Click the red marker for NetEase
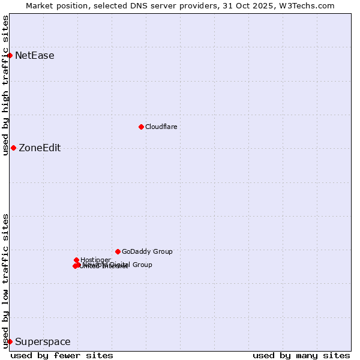coord(10,56)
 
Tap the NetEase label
coord(35,56)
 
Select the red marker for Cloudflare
coord(141,127)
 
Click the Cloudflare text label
coord(161,127)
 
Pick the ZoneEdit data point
coord(13,148)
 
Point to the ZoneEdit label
coord(40,148)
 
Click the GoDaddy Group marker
coord(118,251)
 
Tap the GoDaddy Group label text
coord(147,252)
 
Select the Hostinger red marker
coord(76,260)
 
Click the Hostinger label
coord(95,260)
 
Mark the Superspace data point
coord(10,342)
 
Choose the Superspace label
coord(43,342)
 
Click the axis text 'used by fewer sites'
coord(62,355)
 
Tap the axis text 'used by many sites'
coord(301,355)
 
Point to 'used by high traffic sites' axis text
coord(5,86)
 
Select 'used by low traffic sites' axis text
coord(5,281)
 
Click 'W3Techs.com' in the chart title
coord(310,5)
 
